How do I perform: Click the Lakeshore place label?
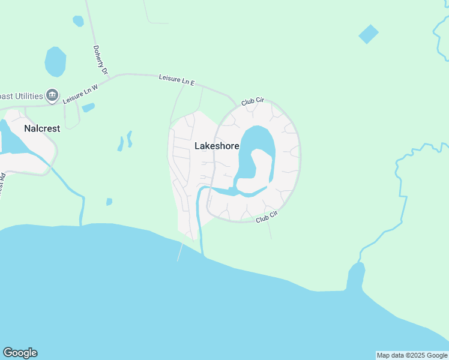(x=217, y=146)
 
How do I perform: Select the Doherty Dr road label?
(x=100, y=61)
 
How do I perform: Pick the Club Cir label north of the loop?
(x=253, y=102)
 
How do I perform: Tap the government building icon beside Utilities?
(x=52, y=95)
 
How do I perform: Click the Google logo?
(x=20, y=353)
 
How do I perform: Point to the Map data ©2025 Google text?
(x=412, y=355)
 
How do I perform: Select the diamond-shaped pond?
(x=369, y=34)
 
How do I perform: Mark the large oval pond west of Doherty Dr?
(x=55, y=62)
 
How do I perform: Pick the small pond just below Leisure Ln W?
(x=88, y=108)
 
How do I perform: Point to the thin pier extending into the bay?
(x=179, y=252)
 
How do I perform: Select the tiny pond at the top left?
(x=78, y=21)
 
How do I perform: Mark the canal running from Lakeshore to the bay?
(x=199, y=222)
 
